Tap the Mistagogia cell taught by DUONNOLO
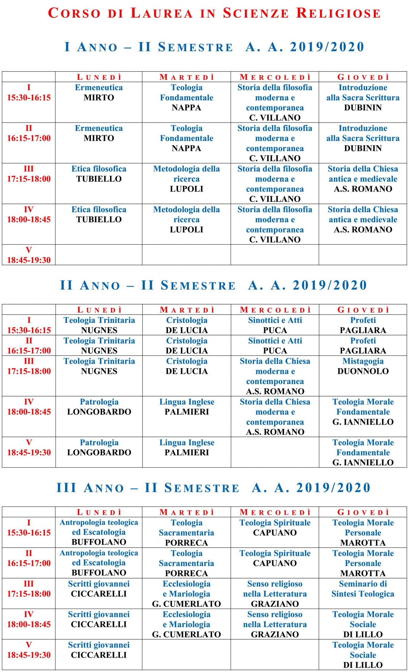(x=363, y=366)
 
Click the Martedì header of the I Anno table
(x=187, y=77)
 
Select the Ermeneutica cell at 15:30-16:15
(x=99, y=93)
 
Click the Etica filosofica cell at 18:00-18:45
(x=99, y=215)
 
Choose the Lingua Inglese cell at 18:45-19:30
(x=187, y=448)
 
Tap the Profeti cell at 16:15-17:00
(x=363, y=345)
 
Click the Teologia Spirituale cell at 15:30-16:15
(x=275, y=528)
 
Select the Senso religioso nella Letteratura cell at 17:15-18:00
(x=275, y=594)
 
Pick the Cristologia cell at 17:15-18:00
(x=187, y=366)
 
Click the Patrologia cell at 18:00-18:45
(x=99, y=407)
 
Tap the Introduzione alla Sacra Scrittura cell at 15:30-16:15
(x=363, y=98)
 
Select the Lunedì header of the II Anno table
(x=99, y=310)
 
